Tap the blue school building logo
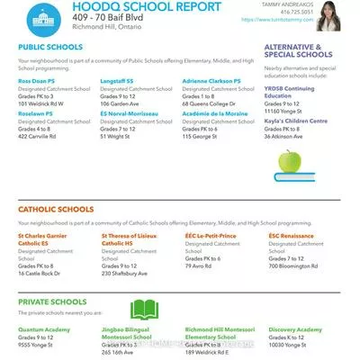[x=39, y=18]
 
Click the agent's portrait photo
[x=337, y=17]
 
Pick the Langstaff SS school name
[x=118, y=80]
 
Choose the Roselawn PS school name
[x=37, y=114]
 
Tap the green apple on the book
[x=290, y=163]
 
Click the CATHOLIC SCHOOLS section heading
[x=57, y=209]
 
